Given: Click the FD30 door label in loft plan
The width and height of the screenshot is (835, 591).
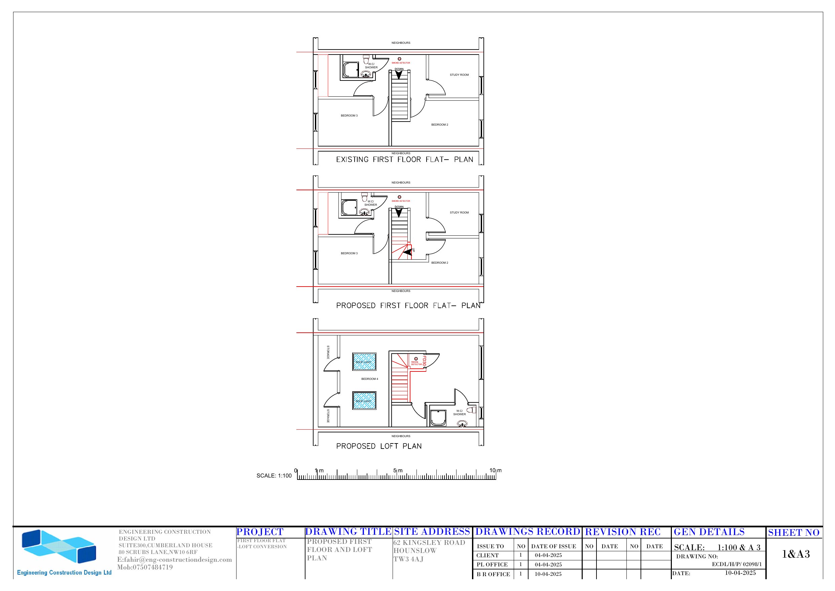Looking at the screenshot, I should tap(424, 362).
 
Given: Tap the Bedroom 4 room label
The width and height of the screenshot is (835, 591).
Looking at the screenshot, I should tap(369, 379).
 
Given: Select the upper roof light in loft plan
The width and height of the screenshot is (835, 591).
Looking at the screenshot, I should tap(364, 362).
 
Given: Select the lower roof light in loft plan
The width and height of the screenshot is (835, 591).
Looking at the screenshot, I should tap(364, 400).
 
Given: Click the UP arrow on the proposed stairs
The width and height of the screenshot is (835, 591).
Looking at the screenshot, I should tap(407, 251).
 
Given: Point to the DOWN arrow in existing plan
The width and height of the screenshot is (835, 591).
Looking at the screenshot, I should tap(399, 75).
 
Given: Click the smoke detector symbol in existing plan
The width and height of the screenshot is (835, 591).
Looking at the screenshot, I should tap(399, 59).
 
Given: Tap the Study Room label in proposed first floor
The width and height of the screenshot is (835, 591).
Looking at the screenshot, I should tap(459, 212).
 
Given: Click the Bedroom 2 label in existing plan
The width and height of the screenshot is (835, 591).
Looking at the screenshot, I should tap(439, 125).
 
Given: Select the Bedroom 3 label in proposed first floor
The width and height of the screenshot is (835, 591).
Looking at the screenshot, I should tap(349, 254).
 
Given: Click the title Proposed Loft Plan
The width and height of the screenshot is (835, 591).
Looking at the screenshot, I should tap(378, 446).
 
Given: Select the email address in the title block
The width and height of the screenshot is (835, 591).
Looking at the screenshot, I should tap(175, 560).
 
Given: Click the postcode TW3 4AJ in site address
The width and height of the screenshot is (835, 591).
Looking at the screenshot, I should tap(408, 559).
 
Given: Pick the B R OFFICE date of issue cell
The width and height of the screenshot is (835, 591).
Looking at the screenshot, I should tap(548, 574).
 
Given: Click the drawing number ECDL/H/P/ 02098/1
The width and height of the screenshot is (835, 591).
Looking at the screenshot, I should tap(736, 564).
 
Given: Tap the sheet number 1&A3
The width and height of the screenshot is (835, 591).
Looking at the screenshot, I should tap(796, 554).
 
